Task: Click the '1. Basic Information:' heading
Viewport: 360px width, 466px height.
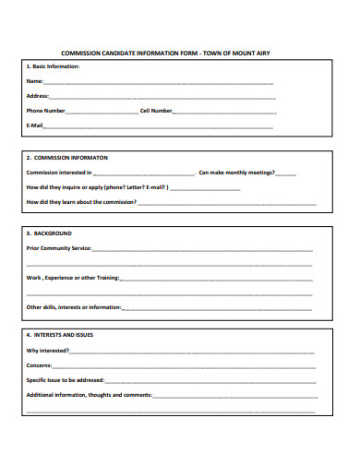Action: (x=54, y=66)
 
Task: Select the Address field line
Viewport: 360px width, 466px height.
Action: (x=162, y=97)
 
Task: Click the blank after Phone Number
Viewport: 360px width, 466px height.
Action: (x=102, y=112)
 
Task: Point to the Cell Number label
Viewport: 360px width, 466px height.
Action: (x=156, y=111)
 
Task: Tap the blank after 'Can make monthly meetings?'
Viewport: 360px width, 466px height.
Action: (x=285, y=173)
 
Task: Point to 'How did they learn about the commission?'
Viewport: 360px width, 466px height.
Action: (x=81, y=201)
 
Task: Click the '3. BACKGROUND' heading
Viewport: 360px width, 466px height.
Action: (x=49, y=233)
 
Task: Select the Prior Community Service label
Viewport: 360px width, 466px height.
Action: (x=59, y=248)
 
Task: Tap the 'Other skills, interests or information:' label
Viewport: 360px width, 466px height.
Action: (x=74, y=306)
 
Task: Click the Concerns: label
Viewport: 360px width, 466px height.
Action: (x=41, y=365)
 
